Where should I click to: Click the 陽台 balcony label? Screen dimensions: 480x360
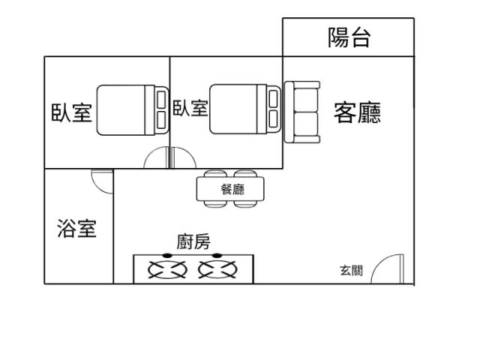pyautogui.click(x=349, y=37)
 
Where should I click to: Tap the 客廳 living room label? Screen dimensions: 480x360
pyautogui.click(x=357, y=112)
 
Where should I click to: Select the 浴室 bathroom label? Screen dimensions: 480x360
pyautogui.click(x=76, y=229)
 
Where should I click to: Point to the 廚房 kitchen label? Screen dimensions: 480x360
pyautogui.click(x=193, y=241)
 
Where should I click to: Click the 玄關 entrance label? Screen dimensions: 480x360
pyautogui.click(x=352, y=270)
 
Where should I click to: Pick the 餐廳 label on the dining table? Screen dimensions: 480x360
pyautogui.click(x=232, y=190)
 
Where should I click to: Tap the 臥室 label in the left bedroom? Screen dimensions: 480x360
pyautogui.click(x=72, y=112)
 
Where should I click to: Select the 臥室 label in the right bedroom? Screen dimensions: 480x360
pyautogui.click(x=190, y=108)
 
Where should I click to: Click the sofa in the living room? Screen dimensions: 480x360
pyautogui.click(x=302, y=112)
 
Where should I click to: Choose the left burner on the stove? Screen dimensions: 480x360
pyautogui.click(x=167, y=269)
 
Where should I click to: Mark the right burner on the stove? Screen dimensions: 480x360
pyautogui.click(x=217, y=269)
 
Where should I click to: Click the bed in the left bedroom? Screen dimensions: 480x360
pyautogui.click(x=133, y=110)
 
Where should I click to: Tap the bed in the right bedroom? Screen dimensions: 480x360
pyautogui.click(x=245, y=109)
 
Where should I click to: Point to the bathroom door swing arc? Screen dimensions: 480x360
pyautogui.click(x=98, y=187)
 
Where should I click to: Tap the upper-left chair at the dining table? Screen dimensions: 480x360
pyautogui.click(x=215, y=174)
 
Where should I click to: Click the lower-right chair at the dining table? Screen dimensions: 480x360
pyautogui.click(x=245, y=204)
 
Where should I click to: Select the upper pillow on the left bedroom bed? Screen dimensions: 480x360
pyautogui.click(x=161, y=99)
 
